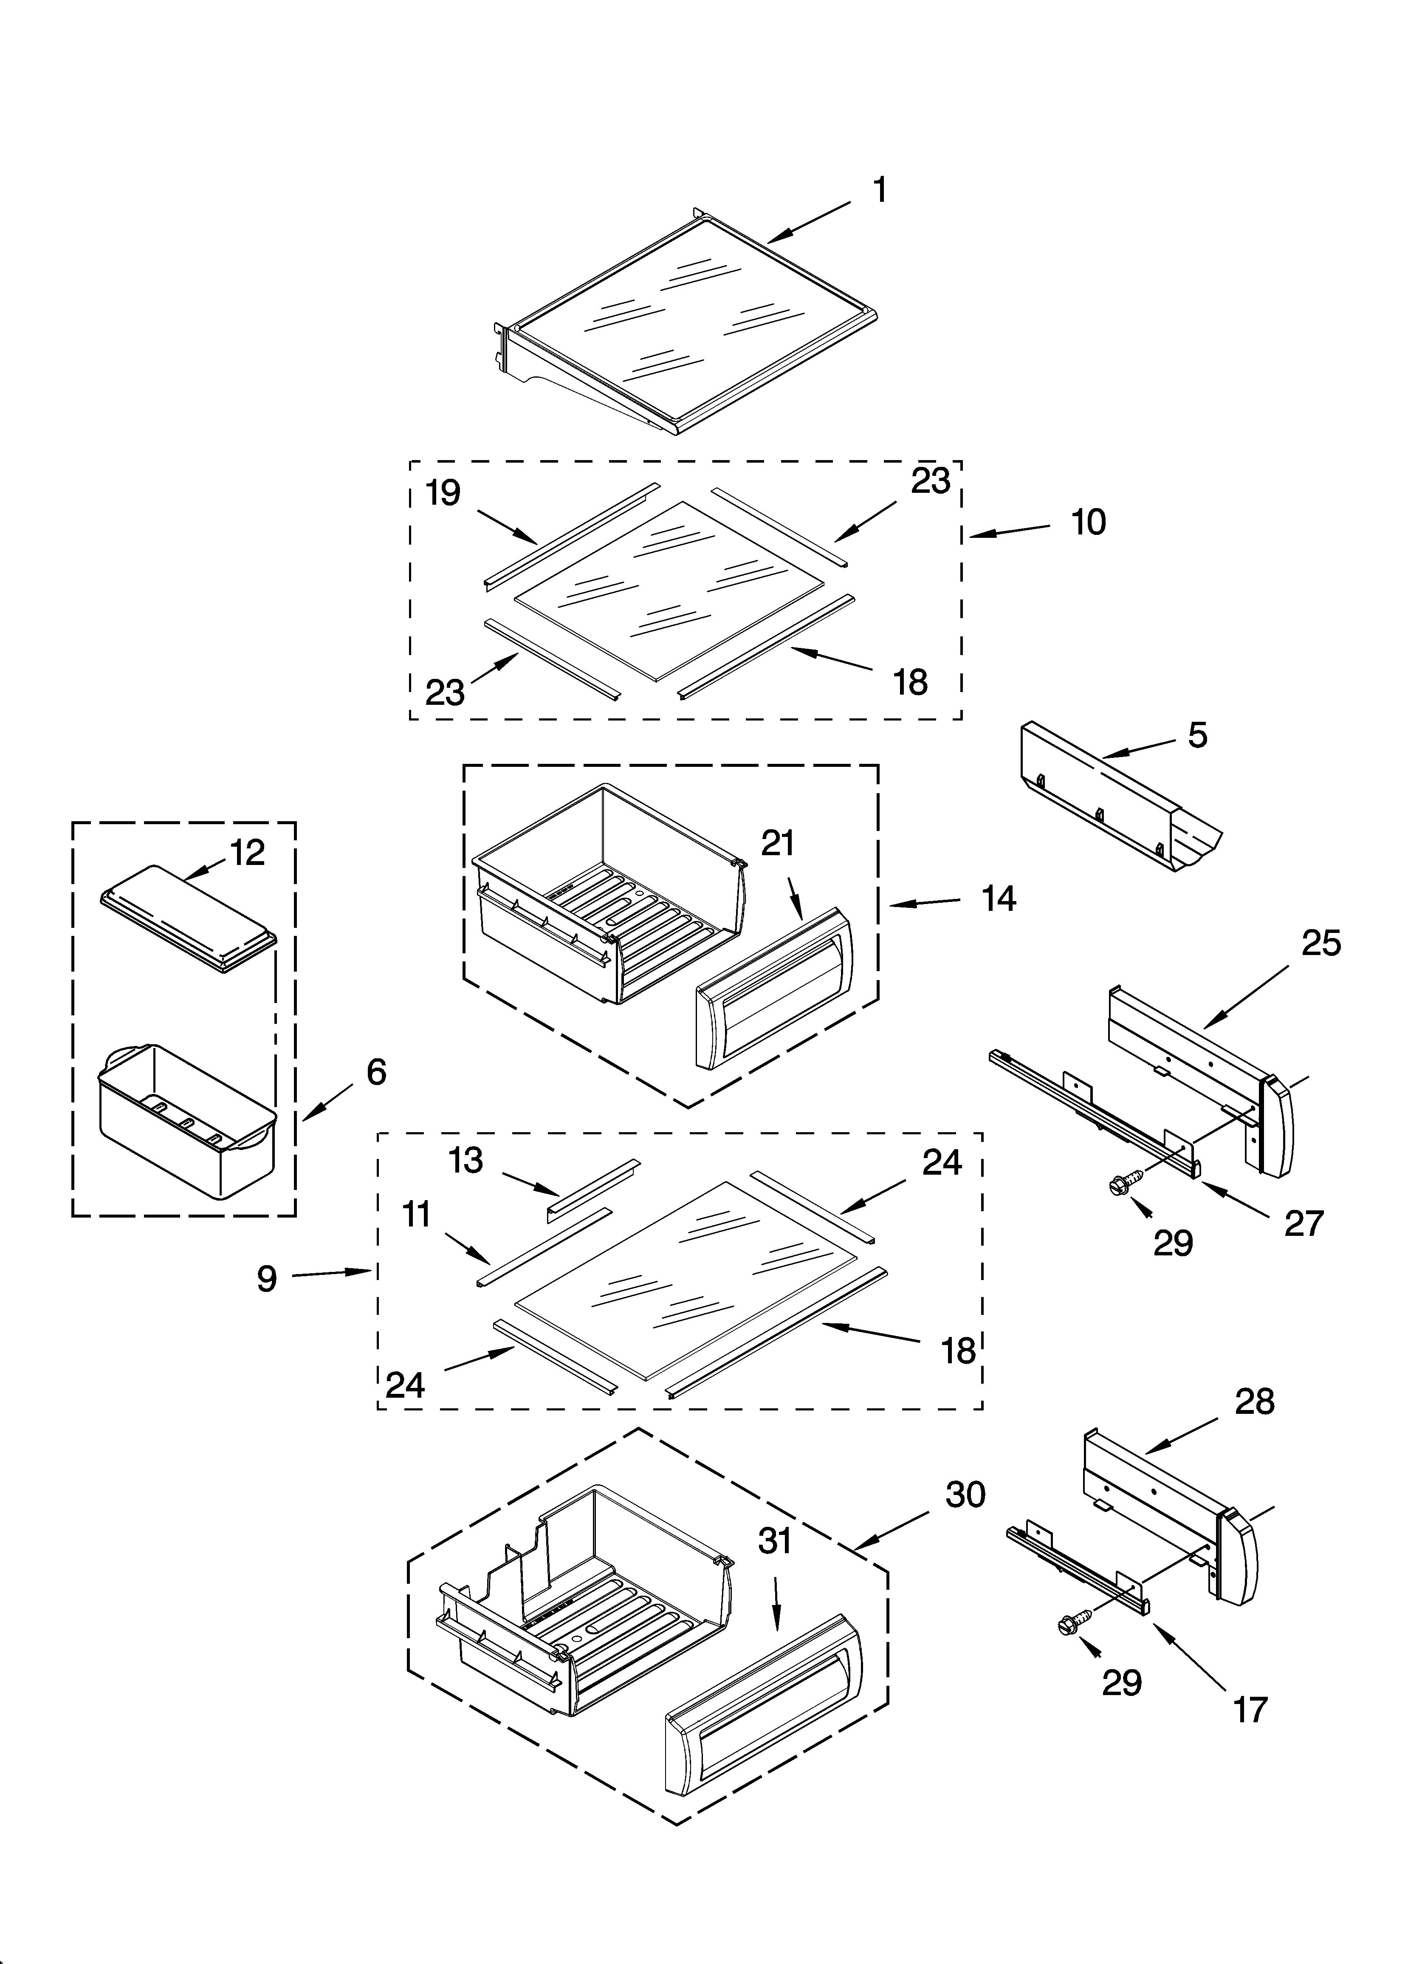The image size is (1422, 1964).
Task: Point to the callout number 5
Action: (x=1197, y=735)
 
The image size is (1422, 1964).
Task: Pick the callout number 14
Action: (x=999, y=899)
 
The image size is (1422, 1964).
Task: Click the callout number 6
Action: (x=376, y=1072)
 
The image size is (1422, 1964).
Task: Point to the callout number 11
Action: (x=417, y=1215)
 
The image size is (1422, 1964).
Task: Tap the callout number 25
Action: (x=1320, y=943)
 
